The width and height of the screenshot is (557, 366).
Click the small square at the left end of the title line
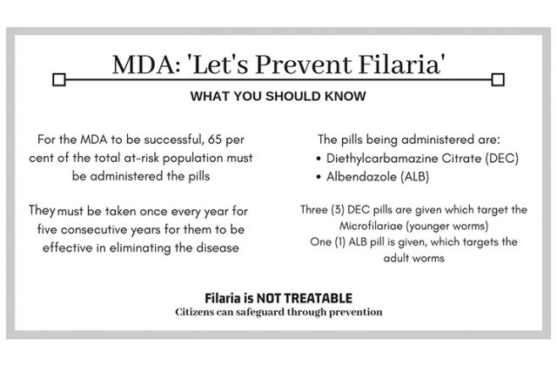[x=59, y=79]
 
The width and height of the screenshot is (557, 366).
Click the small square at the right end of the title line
[x=498, y=79]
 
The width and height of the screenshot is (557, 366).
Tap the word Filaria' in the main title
[x=402, y=64]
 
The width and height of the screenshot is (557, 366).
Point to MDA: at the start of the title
[x=146, y=64]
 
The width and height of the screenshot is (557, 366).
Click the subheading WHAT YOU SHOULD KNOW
[x=278, y=96]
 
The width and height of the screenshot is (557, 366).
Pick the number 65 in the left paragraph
[x=215, y=139]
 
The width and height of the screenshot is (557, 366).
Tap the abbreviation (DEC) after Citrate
[x=502, y=159]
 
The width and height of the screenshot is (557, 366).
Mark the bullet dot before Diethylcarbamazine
[x=319, y=159]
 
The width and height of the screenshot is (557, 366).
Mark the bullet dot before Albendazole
[x=319, y=177]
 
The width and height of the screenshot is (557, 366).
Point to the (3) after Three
[x=338, y=209]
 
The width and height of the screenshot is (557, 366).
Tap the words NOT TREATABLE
[x=305, y=298]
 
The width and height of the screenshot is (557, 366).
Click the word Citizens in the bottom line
[x=194, y=312]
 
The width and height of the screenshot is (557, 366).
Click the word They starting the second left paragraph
[x=42, y=210]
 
